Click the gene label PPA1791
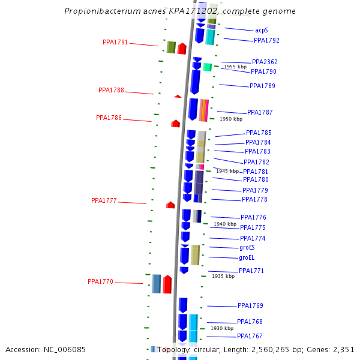point(115,43)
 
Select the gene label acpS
point(261,30)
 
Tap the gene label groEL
point(247,258)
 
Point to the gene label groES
point(247,247)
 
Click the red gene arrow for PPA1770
point(167,284)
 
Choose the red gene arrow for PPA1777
point(170,205)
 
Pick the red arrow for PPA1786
point(175,124)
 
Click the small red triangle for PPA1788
point(178,96)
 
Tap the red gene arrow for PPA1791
point(182,49)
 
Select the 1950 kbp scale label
point(230,119)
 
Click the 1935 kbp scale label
point(223,276)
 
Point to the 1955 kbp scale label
point(235,67)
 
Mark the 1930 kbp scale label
point(222,328)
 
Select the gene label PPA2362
point(265,62)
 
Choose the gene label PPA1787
point(260,112)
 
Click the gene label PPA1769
point(250,306)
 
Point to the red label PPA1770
point(100,281)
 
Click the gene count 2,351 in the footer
point(343,350)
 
